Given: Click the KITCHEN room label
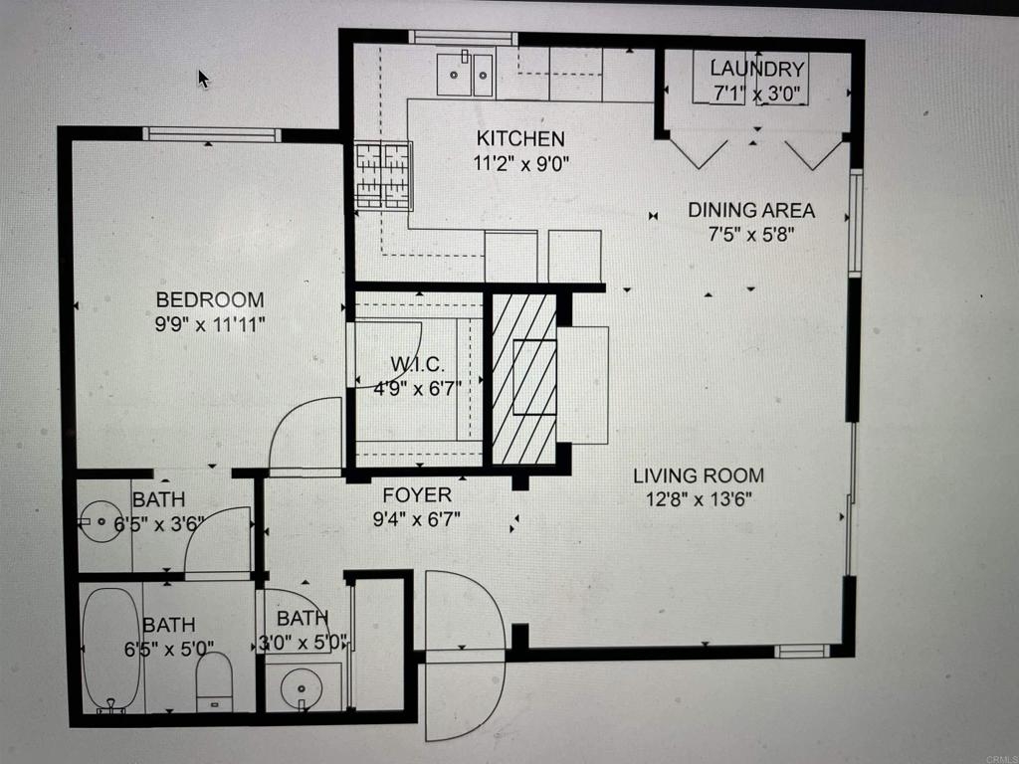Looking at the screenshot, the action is pos(520,138).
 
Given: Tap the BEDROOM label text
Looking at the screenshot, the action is pos(210,299).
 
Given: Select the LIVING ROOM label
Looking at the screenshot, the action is pos(699,476).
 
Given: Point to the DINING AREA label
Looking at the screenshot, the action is pos(751,211).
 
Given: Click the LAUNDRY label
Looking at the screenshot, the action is pos(757,69).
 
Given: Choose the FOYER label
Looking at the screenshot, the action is pos(417,495).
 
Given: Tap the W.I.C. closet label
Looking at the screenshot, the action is pos(417,364).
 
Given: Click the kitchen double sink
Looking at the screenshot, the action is pos(465,74).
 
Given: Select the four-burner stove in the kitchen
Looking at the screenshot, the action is pos(383,175).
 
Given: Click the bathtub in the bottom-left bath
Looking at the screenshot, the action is pos(111,649).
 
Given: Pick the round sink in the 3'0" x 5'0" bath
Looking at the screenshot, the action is pos(302,688).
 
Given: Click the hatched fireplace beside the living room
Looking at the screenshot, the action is pos(524,379).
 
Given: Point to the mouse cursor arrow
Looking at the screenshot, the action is pos(203,80).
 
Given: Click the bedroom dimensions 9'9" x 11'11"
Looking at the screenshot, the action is pos(210,323).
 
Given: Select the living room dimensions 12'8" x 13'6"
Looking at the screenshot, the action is pos(699,499).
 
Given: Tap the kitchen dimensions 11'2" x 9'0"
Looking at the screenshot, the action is pos(520,162).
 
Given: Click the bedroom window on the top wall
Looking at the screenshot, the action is pos(212,134).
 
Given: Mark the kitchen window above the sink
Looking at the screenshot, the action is pos(464,38).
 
